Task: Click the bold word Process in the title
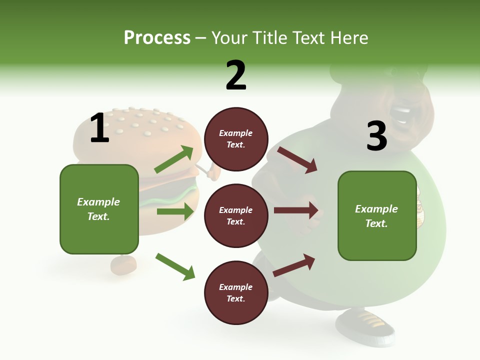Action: [x=157, y=37]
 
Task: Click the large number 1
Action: [x=99, y=128]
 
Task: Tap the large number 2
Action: [x=236, y=75]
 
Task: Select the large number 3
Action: [x=376, y=136]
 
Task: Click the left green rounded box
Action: [x=99, y=209]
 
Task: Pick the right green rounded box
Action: [x=377, y=215]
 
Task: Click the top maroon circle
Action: [x=236, y=139]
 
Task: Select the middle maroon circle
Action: [x=236, y=215]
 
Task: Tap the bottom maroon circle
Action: [x=236, y=292]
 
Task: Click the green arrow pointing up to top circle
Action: [x=173, y=159]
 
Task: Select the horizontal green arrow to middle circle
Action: [x=175, y=211]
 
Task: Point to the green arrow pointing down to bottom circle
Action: [x=175, y=266]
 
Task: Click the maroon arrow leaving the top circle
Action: [x=297, y=160]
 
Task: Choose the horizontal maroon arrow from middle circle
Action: [x=295, y=210]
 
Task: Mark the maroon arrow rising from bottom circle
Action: [x=294, y=265]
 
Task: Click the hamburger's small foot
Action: [x=123, y=265]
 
